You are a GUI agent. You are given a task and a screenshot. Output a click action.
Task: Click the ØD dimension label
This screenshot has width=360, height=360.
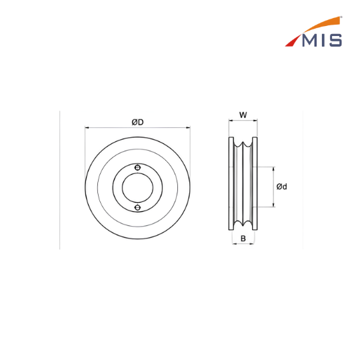tap(137, 122)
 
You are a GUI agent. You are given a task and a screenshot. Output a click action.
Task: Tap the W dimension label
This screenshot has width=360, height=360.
tap(243, 115)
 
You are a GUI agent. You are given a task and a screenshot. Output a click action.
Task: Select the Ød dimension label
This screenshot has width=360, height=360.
tap(282, 187)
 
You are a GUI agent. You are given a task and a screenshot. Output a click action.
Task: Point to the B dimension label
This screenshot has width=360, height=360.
tap(243, 239)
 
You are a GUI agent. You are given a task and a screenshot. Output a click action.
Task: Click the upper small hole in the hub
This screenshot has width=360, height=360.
tap(137, 167)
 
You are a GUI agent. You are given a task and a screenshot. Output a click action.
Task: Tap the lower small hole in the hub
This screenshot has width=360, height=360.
tap(137, 207)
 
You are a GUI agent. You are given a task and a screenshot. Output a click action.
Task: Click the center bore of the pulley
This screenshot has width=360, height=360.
tap(137, 187)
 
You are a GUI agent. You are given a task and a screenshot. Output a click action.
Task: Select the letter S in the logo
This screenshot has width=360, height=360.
tap(335, 41)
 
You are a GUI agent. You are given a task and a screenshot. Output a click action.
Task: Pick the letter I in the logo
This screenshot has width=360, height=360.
tap(323, 41)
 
